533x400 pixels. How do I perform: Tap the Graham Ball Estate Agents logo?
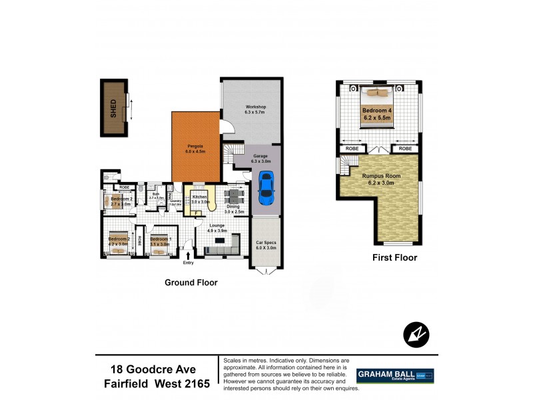(395, 375)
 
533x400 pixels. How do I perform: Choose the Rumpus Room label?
(376, 177)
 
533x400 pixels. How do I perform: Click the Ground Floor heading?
(191, 283)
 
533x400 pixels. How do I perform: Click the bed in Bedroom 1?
(160, 245)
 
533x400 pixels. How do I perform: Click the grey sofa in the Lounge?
(221, 250)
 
